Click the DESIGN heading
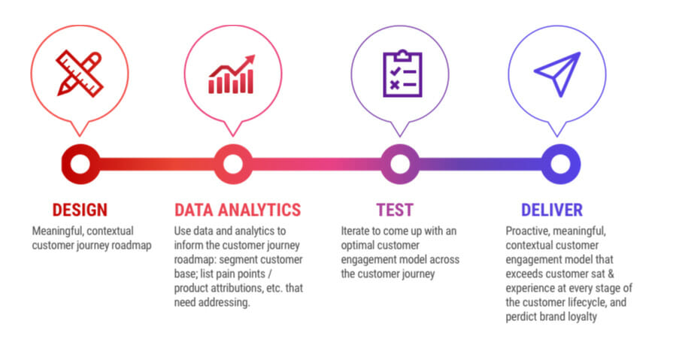click(80, 210)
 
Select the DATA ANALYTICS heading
click(238, 210)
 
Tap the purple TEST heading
click(395, 210)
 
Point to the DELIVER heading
click(552, 210)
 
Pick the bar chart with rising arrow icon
click(232, 74)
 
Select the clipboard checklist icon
click(402, 74)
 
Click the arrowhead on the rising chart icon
click(249, 60)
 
